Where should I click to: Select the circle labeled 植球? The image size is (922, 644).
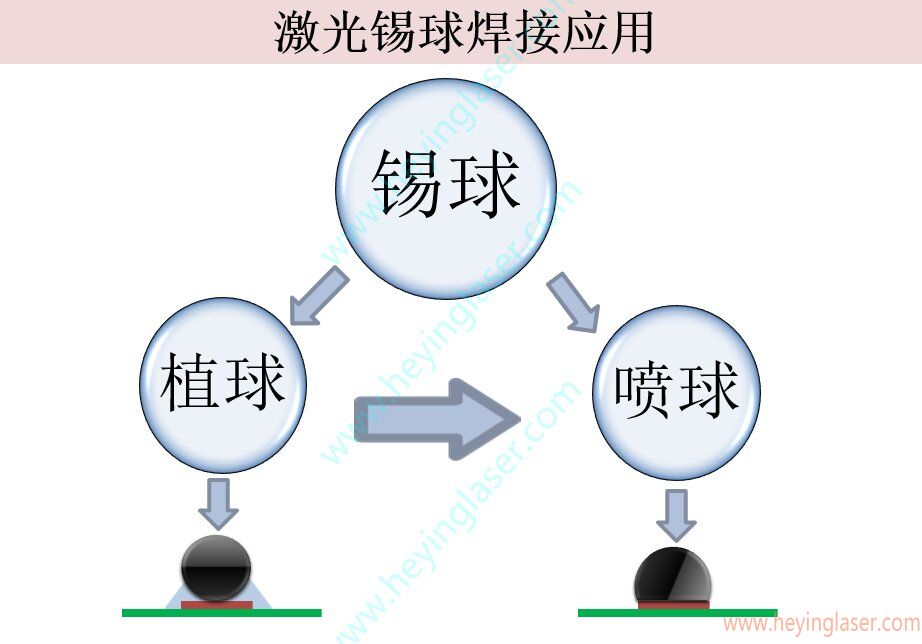222,389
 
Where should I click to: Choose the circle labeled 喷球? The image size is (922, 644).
676,391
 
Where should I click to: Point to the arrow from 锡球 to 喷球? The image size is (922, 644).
572,301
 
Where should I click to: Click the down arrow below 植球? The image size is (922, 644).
218,503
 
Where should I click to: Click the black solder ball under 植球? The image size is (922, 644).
216,568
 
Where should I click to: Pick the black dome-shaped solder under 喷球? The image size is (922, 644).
673,578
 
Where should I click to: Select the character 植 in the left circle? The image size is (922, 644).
190,385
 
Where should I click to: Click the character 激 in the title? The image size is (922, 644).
297,32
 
